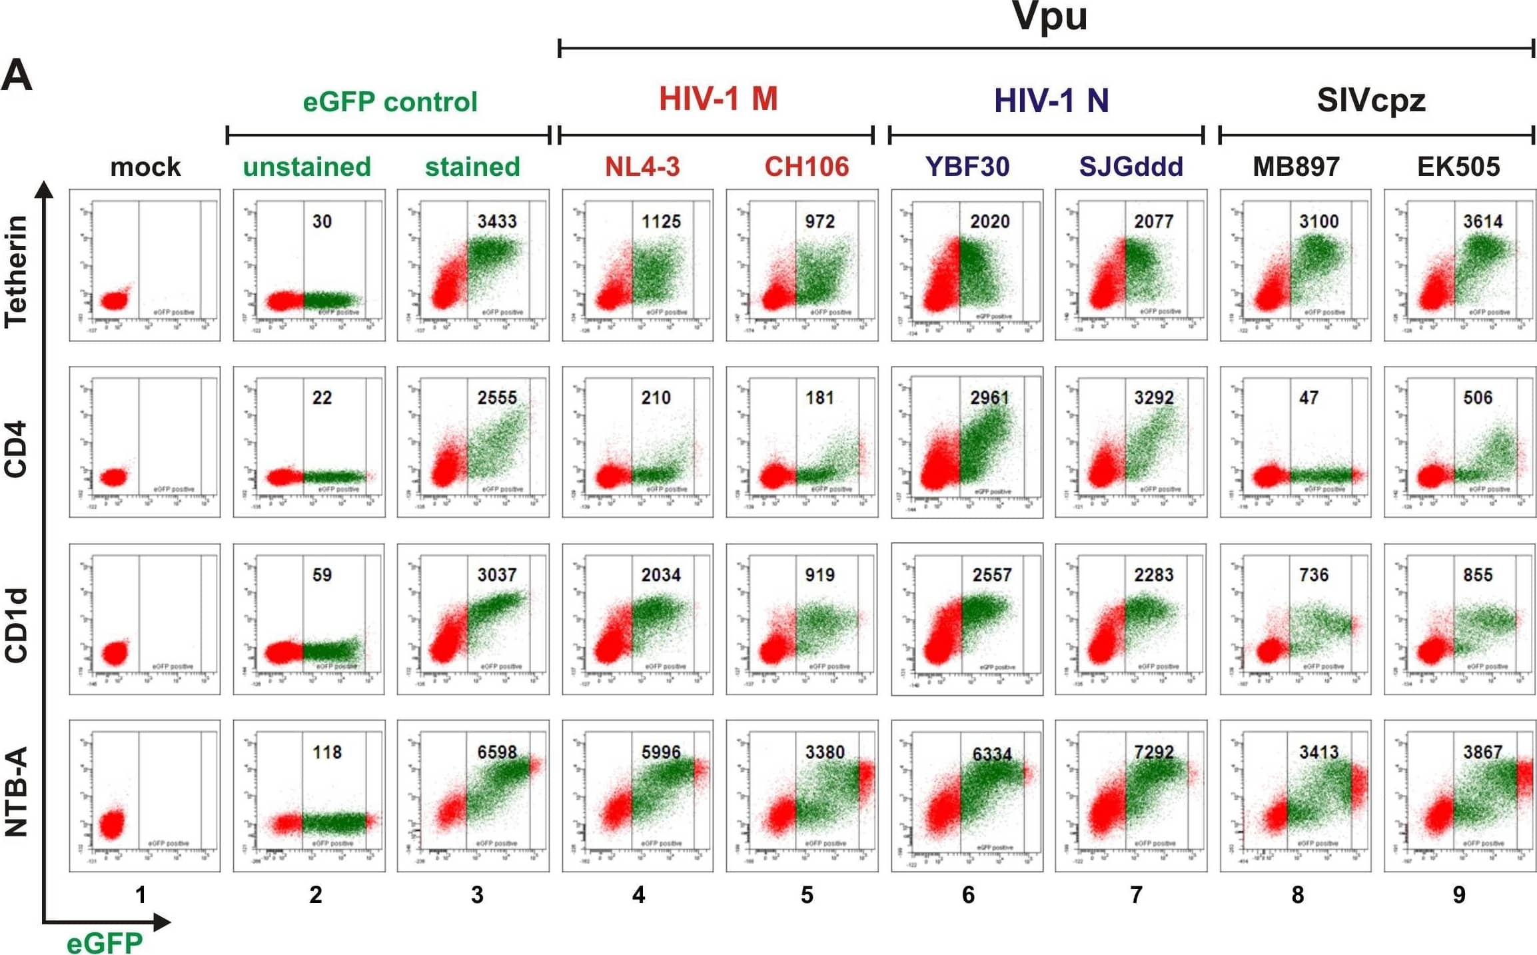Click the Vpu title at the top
point(1049,16)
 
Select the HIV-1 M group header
point(718,99)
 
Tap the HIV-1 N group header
point(1051,101)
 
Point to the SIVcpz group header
point(1370,101)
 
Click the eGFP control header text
point(390,102)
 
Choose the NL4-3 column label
point(642,167)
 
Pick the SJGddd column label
point(1131,167)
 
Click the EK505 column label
point(1458,167)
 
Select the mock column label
point(145,167)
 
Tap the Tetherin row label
point(16,271)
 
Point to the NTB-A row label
point(16,791)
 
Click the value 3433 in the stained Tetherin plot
point(496,221)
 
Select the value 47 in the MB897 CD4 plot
point(1308,398)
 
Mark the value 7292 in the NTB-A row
point(1153,752)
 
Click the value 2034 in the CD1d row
point(660,574)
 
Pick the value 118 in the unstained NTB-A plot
point(326,752)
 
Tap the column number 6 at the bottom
point(968,894)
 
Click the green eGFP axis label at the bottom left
point(105,943)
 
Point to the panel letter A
point(17,75)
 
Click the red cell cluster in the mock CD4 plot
point(113,477)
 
